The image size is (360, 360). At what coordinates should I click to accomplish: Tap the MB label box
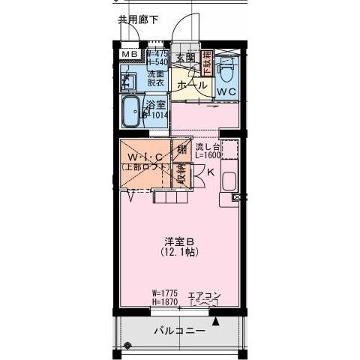click(x=130, y=54)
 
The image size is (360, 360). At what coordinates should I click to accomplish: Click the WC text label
click(x=227, y=91)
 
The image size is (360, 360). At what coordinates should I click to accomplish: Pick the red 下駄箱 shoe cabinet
click(x=208, y=61)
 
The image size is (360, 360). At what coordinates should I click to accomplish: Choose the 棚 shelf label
click(x=181, y=149)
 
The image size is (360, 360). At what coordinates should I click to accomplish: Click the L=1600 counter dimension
click(x=207, y=156)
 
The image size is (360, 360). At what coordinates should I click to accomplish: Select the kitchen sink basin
click(x=229, y=180)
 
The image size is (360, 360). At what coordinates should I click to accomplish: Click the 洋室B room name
click(x=180, y=241)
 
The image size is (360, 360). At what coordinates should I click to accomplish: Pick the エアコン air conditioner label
click(x=202, y=294)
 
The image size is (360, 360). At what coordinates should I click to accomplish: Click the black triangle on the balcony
click(x=216, y=322)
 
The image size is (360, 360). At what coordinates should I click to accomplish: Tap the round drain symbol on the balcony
click(x=128, y=346)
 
